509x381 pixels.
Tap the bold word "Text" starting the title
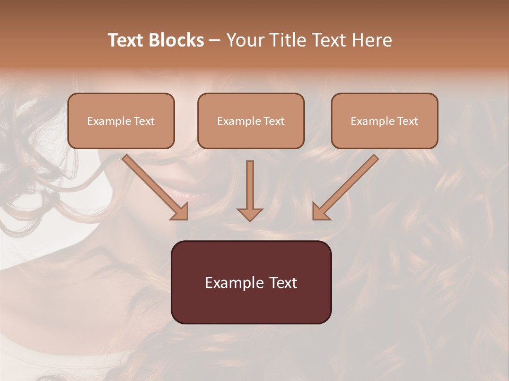click(125, 40)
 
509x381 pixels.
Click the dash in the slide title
click(215, 40)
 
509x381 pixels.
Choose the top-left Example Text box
click(121, 121)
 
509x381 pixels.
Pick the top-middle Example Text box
click(251, 121)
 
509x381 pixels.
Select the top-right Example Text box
click(384, 121)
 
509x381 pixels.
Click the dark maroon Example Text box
click(251, 282)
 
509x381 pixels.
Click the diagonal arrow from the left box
click(154, 185)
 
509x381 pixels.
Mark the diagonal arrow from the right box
click(347, 185)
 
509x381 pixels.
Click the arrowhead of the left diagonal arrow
click(180, 212)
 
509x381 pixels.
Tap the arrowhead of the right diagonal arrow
click(320, 212)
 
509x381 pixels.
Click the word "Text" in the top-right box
click(407, 121)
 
